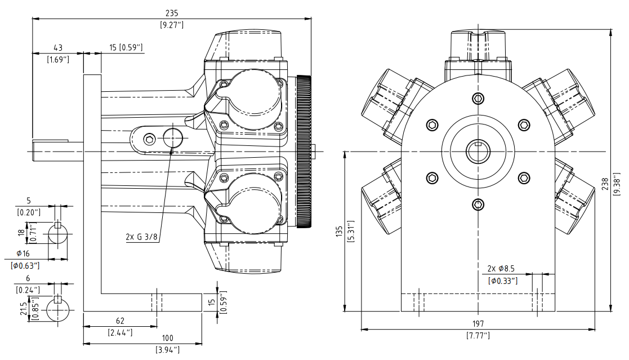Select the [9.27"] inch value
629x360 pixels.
click(x=172, y=25)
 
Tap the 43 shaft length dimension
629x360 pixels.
click(x=57, y=47)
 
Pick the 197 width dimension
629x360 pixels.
click(x=478, y=324)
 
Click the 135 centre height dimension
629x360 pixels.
click(x=339, y=233)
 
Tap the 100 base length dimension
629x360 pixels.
click(x=167, y=338)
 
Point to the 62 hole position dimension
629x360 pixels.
click(x=119, y=321)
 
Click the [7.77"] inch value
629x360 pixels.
click(x=478, y=336)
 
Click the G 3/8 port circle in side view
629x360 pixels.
click(x=172, y=136)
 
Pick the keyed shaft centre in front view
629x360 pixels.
click(x=478, y=151)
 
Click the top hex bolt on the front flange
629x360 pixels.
click(x=478, y=99)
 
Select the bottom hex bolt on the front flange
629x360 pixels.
click(x=478, y=204)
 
